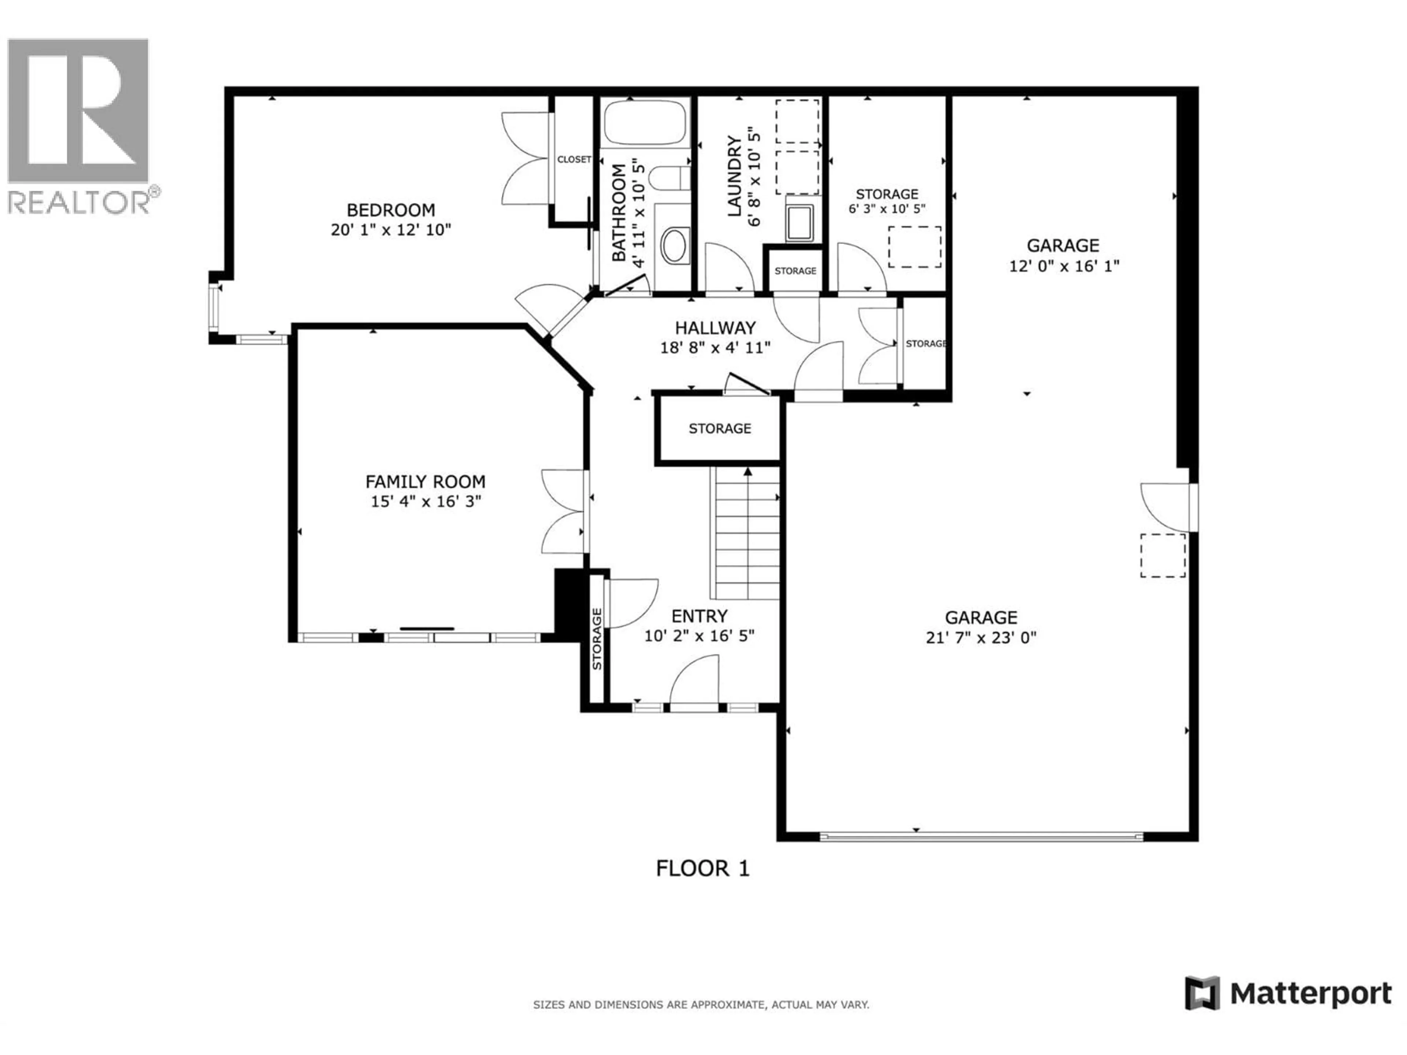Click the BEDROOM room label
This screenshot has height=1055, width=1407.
[x=391, y=210]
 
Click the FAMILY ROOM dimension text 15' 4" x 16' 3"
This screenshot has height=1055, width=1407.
[x=425, y=502]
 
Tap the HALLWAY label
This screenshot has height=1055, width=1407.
[x=715, y=328]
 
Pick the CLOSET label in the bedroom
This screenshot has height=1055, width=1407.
[x=574, y=160]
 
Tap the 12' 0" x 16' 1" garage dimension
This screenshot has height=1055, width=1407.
[x=1064, y=266]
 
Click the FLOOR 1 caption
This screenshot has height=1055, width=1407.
[x=703, y=868]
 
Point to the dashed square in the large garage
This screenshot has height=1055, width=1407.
[x=1162, y=555]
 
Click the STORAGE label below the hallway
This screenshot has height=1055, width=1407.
[x=719, y=429]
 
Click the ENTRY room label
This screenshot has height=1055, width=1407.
[x=699, y=616]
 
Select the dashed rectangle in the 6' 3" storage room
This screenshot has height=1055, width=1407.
[x=915, y=247]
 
